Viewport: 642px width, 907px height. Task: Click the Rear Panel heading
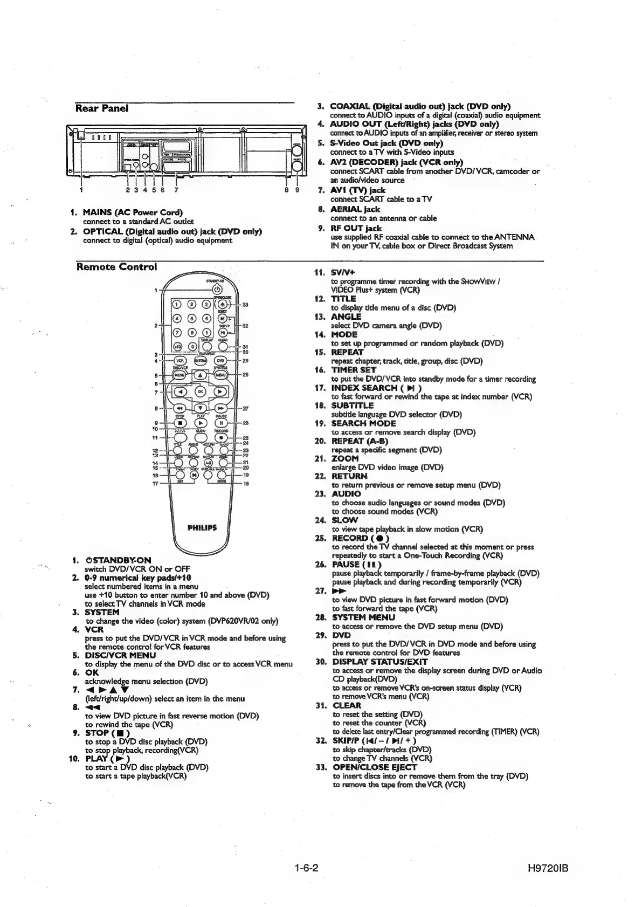click(x=102, y=108)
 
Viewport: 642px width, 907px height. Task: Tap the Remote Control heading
click(x=117, y=267)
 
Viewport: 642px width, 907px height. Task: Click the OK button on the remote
click(x=200, y=391)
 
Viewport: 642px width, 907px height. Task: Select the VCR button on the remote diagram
click(x=178, y=361)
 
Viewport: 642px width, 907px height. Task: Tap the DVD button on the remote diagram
click(x=221, y=361)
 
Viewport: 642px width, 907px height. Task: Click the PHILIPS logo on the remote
click(x=202, y=528)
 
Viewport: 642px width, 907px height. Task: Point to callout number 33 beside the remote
click(x=245, y=305)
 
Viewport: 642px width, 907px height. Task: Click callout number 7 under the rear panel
click(x=176, y=189)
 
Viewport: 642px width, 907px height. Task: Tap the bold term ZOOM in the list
click(x=344, y=458)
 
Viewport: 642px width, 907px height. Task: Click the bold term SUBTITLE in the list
click(x=352, y=406)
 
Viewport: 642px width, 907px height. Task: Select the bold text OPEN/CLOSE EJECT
click(x=375, y=767)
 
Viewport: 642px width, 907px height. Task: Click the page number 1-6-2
click(x=307, y=868)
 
